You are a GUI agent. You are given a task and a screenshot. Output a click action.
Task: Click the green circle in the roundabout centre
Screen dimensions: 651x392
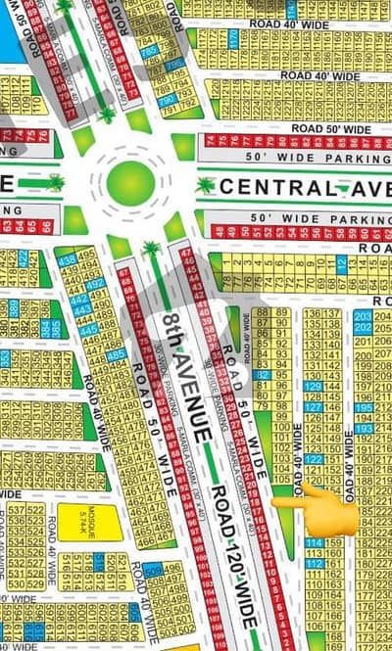point(130,183)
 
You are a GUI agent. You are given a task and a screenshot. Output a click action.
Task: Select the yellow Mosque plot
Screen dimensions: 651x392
point(89,521)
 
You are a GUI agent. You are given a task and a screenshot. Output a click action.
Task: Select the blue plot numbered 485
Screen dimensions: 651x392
point(116,354)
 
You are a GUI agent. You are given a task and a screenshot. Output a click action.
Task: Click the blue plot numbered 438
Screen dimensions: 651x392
point(68,260)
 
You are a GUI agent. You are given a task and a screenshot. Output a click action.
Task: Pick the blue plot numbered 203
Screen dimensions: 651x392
point(363,315)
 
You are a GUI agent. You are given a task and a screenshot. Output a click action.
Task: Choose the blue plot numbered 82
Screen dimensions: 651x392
point(262,374)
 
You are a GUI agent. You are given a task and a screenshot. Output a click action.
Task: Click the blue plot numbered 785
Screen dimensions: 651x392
point(149,52)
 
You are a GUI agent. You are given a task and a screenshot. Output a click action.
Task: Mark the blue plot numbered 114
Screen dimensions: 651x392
point(315,543)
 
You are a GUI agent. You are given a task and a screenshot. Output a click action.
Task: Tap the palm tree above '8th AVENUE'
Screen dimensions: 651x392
point(151,250)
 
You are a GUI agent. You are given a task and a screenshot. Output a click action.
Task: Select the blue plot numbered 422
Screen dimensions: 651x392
point(22,256)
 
